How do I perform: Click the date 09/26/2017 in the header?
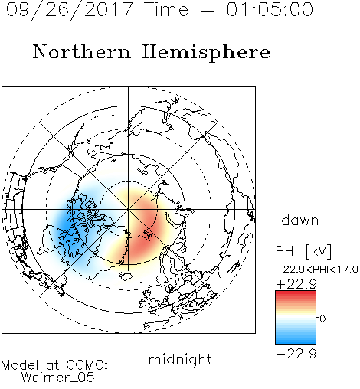[69, 10]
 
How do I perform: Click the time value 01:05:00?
[270, 9]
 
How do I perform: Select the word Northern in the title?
[82, 52]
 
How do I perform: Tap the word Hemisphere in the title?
[206, 53]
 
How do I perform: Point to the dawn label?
[300, 220]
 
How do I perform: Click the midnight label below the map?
[180, 359]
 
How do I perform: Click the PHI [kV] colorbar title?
[303, 251]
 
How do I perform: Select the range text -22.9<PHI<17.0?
[317, 270]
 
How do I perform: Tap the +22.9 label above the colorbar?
[296, 284]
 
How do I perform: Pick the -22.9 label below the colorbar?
[296, 354]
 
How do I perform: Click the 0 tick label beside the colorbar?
[322, 319]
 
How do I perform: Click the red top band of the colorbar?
[296, 293]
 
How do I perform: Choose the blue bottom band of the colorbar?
[296, 341]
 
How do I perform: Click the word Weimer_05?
[58, 378]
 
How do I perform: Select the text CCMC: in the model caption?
[87, 365]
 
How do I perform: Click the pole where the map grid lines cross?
[129, 209]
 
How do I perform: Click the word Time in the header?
[166, 9]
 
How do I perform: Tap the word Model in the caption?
[20, 365]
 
